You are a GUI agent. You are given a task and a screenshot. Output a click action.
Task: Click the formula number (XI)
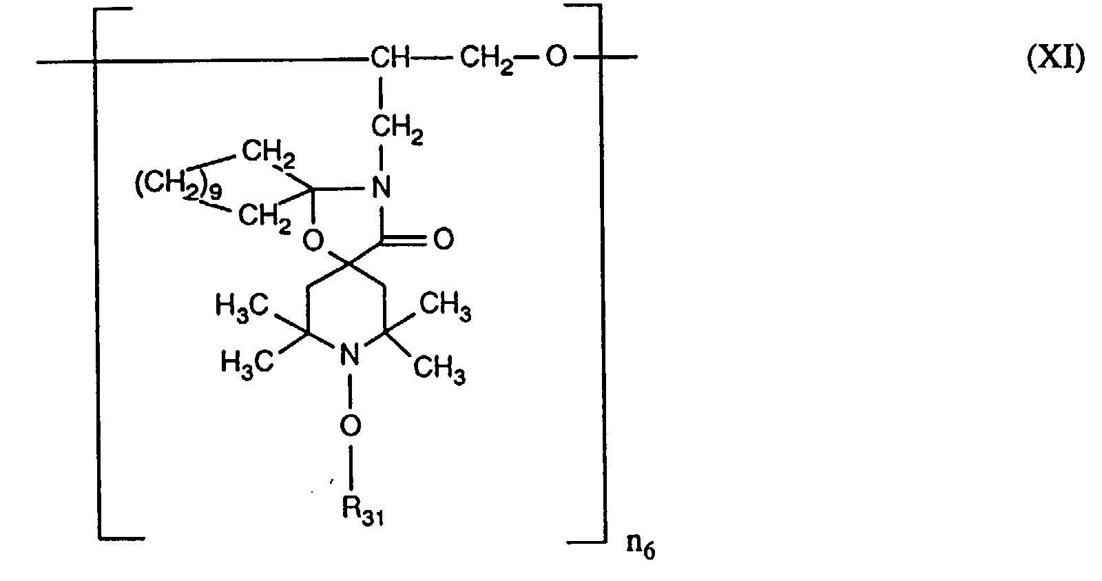[x=1055, y=61]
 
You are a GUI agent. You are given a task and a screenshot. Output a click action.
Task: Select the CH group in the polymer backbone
[x=390, y=58]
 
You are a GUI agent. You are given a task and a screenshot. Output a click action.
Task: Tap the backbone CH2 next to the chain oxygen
[x=486, y=59]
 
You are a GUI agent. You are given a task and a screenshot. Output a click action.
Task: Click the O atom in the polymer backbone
[x=556, y=58]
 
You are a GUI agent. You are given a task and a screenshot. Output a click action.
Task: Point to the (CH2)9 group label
[x=178, y=187]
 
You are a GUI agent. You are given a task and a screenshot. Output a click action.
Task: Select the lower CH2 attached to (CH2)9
[x=264, y=218]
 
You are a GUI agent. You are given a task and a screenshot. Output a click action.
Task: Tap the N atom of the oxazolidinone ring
[x=380, y=186]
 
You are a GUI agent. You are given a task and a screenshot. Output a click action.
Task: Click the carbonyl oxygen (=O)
[x=443, y=240]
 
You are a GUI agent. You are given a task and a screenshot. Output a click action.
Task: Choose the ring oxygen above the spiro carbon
[x=313, y=241]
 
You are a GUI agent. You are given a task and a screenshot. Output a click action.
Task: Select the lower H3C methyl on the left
[x=247, y=362]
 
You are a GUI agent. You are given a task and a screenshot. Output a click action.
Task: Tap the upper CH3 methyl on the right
[x=446, y=307]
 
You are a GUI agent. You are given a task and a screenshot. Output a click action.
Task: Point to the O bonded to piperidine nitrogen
[x=350, y=426]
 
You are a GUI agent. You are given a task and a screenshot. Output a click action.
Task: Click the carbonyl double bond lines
[x=410, y=240]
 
